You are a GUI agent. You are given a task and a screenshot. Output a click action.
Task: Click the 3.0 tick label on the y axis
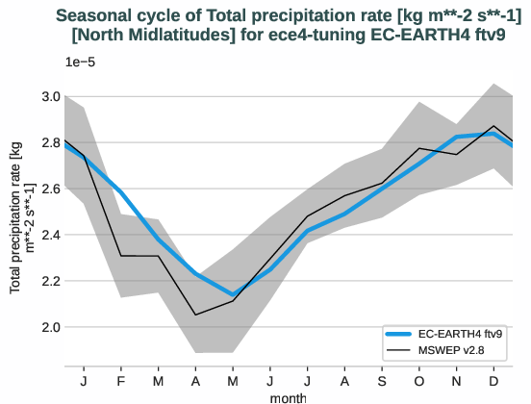click(x=50, y=96)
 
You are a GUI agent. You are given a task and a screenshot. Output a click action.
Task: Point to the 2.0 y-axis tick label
click(x=50, y=327)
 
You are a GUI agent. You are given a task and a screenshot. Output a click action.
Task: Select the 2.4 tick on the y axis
click(x=50, y=235)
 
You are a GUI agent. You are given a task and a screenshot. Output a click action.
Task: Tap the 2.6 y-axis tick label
click(x=50, y=189)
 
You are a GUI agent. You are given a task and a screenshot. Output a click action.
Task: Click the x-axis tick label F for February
click(x=120, y=380)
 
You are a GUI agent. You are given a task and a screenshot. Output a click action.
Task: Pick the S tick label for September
click(x=382, y=380)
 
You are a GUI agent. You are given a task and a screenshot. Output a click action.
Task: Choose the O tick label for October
click(x=419, y=380)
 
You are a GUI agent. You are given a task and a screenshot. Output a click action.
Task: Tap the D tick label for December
click(x=494, y=380)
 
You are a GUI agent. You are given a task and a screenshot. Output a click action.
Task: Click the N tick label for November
click(x=457, y=380)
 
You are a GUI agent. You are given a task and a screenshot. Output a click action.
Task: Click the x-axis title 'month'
click(x=289, y=395)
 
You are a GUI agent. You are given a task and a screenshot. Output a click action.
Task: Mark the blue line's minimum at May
click(x=233, y=294)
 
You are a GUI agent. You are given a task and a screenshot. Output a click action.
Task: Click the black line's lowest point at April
click(x=195, y=315)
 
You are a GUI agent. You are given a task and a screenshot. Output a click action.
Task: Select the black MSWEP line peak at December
click(x=494, y=126)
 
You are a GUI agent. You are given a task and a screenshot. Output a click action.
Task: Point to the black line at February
click(x=120, y=256)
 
